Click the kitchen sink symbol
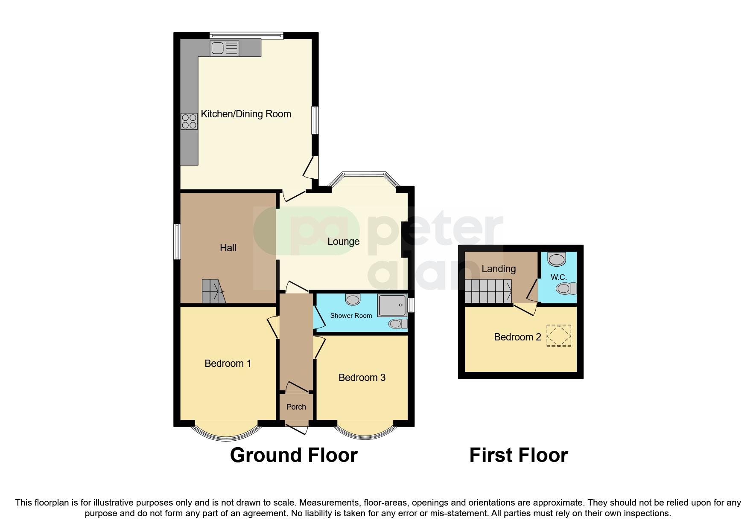tap(224, 48)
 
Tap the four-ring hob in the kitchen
tap(189, 121)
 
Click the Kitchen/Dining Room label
tap(246, 114)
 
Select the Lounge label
tap(343, 241)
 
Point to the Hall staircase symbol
tap(213, 291)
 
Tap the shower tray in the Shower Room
tap(391, 305)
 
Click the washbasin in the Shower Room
tap(353, 299)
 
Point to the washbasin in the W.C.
tap(557, 259)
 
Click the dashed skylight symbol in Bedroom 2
tap(559, 335)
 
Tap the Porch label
tap(296, 407)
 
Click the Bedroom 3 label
tap(362, 378)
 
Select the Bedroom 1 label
tap(228, 363)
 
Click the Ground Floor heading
tap(294, 455)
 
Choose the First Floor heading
tap(518, 455)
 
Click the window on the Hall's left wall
tap(177, 241)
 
